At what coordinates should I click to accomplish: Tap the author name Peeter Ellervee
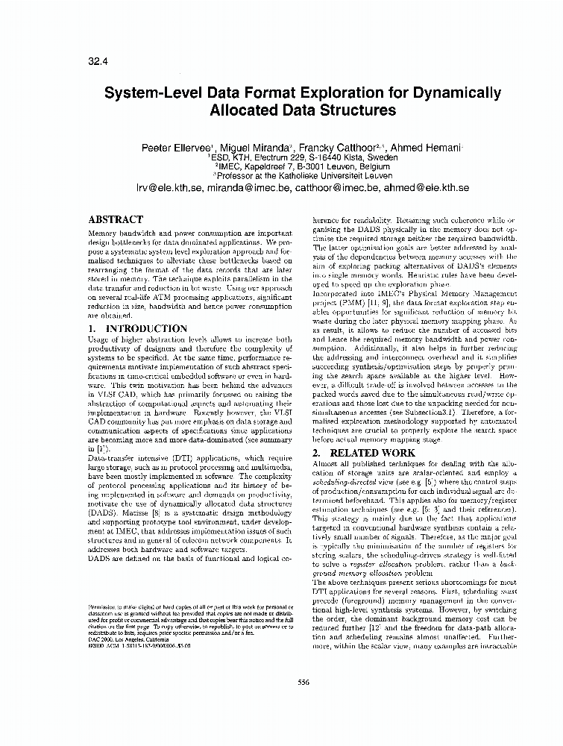pos(177,148)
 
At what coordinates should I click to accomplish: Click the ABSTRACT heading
pos(116,220)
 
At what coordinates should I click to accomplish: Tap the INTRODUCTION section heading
pos(147,328)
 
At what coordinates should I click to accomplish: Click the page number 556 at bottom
pos(303,682)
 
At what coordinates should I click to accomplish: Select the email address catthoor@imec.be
pos(330,188)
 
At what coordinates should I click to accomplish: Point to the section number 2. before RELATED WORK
pos(316,453)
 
